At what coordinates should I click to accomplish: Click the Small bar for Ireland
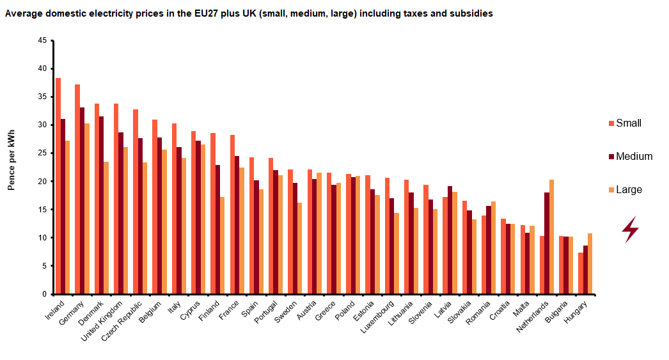coord(58,185)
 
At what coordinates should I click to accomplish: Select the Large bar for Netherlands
coord(552,237)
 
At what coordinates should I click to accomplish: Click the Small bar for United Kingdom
coord(116,199)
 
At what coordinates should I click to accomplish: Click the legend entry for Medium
coord(634,156)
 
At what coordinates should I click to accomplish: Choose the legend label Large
coord(629,189)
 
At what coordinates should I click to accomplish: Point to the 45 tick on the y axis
coord(42,40)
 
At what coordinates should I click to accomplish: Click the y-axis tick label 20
coord(42,181)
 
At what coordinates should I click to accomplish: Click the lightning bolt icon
coord(631,230)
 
